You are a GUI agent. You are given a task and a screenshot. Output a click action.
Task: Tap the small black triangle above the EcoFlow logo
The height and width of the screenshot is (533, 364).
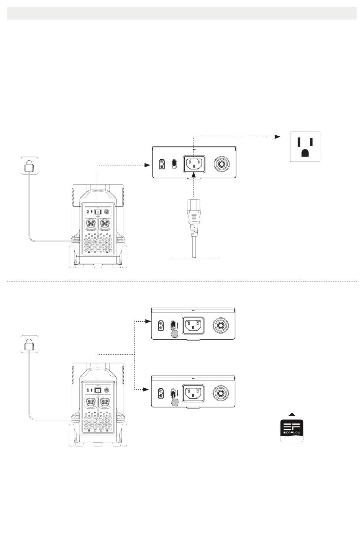[292, 414]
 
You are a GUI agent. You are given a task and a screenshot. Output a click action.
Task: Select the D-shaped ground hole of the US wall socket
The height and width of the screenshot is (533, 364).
[305, 153]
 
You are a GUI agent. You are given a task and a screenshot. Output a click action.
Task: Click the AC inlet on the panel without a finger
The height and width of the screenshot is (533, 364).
[194, 164]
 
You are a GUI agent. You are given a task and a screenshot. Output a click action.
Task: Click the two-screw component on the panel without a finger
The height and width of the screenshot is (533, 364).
[162, 165]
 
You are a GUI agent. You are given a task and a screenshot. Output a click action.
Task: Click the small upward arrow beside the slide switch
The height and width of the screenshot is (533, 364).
[179, 326]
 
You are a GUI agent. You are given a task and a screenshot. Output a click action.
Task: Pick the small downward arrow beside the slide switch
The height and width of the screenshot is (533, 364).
[179, 393]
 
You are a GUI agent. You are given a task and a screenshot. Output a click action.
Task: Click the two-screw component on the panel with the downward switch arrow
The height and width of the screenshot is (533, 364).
[162, 393]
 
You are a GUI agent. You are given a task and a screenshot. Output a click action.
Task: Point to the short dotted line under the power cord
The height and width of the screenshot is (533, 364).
[195, 258]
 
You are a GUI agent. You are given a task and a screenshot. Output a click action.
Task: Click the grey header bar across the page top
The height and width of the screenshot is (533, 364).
[182, 14]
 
